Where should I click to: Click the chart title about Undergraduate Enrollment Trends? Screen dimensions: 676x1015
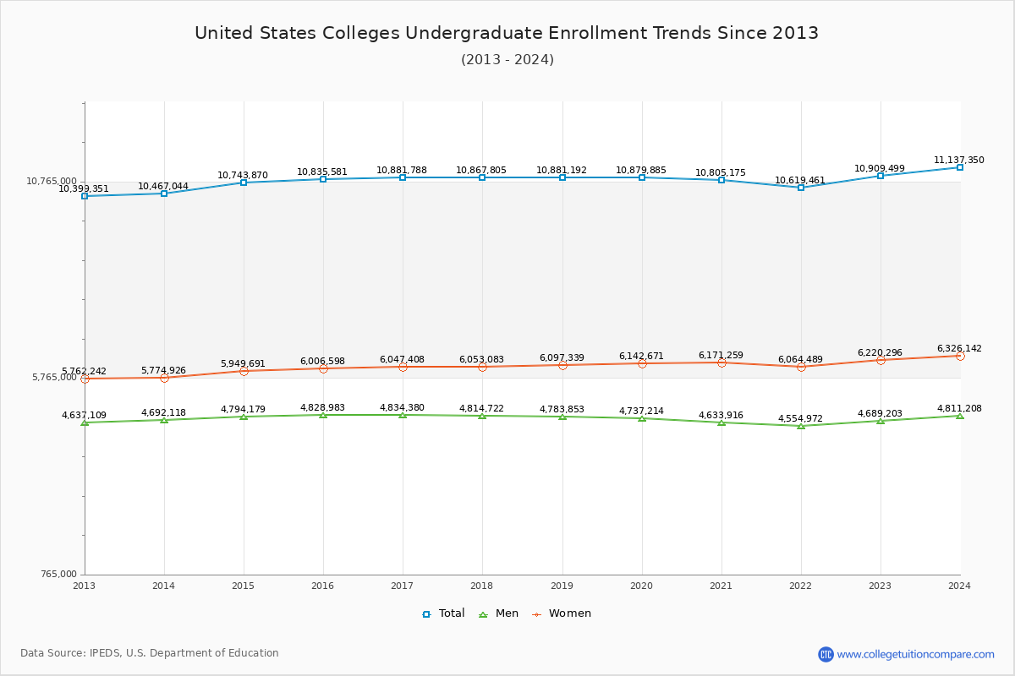[x=507, y=33]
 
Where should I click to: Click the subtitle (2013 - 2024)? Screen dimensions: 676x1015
[x=507, y=60]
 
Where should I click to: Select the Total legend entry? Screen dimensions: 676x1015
[x=443, y=613]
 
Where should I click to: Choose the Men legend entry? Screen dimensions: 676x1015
[x=500, y=613]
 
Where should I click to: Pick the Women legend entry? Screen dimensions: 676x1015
[x=562, y=613]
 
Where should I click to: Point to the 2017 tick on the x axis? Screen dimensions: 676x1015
[x=402, y=586]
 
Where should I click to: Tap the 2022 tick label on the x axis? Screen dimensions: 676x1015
[x=800, y=586]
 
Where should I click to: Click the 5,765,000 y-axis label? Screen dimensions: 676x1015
[x=54, y=378]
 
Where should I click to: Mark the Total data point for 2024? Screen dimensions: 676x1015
[x=960, y=167]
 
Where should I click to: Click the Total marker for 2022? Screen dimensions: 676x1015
[x=801, y=188]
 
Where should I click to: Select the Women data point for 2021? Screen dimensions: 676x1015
[x=721, y=363]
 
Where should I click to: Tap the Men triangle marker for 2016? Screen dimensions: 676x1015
[x=323, y=415]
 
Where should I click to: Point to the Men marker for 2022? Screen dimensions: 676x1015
[x=801, y=426]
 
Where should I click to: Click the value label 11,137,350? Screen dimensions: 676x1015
[x=958, y=160]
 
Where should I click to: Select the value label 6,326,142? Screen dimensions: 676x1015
[x=958, y=348]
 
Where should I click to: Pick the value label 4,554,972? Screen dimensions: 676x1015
[x=800, y=418]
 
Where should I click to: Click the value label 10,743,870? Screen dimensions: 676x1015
[x=243, y=175]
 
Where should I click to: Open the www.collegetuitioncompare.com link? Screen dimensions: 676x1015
[x=915, y=654]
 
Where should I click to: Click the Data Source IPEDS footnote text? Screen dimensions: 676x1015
[x=150, y=653]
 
